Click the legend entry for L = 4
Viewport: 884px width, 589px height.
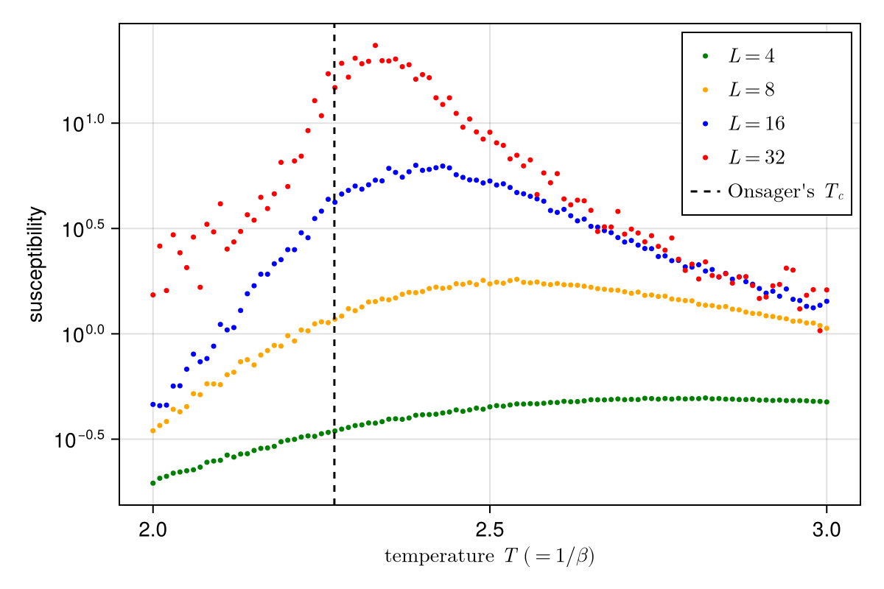(751, 56)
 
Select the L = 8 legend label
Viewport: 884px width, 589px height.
(751, 90)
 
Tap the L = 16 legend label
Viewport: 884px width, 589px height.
(756, 124)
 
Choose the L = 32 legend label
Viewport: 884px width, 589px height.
(756, 158)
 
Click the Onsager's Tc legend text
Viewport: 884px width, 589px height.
(785, 191)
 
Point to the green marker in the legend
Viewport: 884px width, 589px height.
(705, 56)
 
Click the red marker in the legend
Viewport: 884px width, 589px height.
(705, 158)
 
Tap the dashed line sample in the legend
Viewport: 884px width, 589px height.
(705, 191)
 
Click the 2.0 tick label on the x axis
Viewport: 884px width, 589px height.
(152, 530)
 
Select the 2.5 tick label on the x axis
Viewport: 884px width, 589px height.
(489, 530)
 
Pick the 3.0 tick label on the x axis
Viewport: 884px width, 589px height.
(826, 530)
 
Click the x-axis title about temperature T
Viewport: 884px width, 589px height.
(489, 557)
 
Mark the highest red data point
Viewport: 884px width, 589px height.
(375, 46)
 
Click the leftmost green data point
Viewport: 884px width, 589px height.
(153, 483)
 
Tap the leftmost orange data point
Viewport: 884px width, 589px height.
(153, 431)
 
